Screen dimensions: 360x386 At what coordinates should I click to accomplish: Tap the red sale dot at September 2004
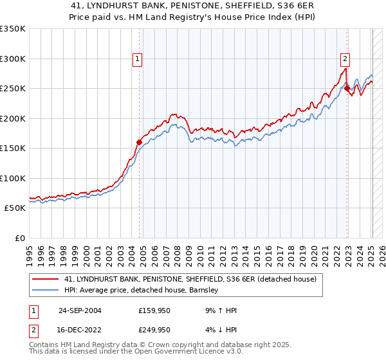tap(140, 142)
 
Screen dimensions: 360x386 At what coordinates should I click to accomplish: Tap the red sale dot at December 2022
tap(347, 89)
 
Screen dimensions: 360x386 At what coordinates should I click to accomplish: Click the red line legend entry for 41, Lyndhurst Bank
tap(190, 280)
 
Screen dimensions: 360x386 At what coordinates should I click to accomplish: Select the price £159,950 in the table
tap(155, 310)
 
